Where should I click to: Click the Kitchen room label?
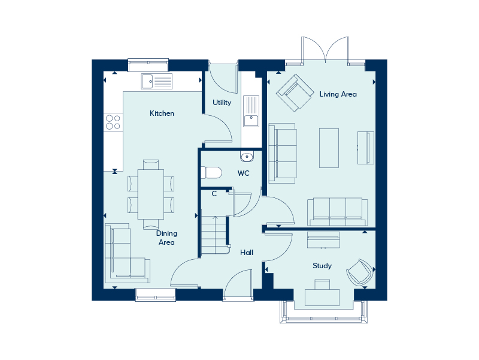162,113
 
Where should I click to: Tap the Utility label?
222,103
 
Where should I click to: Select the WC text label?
243,173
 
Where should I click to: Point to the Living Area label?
338,94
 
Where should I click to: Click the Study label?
322,266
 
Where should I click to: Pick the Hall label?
247,253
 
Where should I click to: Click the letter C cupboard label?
214,193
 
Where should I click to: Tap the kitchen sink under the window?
156,81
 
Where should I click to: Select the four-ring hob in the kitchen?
113,122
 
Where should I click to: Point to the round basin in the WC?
247,157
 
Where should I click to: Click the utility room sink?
251,112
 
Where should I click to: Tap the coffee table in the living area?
329,148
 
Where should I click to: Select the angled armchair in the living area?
295,92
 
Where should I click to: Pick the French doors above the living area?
325,50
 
